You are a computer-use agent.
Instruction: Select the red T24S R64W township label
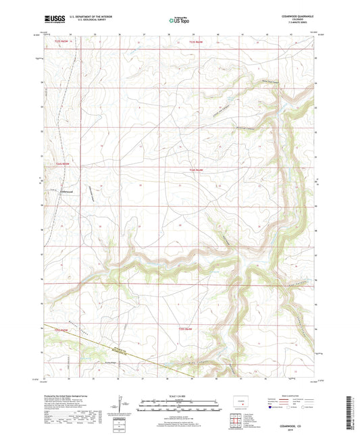(x=197, y=169)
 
